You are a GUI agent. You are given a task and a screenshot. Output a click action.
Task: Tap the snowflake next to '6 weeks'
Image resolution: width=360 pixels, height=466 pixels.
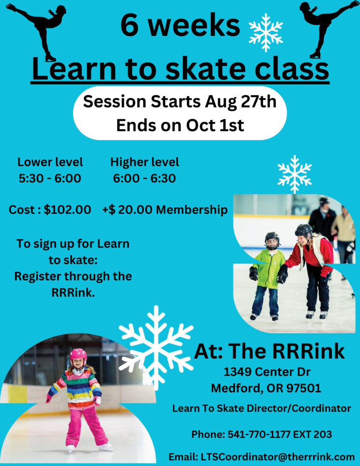coord(266,32)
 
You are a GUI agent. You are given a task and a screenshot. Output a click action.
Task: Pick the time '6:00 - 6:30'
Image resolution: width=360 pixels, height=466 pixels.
coord(144,178)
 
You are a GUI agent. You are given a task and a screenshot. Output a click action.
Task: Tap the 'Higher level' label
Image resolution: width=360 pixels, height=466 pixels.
coord(144,162)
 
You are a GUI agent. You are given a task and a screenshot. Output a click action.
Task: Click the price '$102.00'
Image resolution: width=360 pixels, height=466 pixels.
coord(67,210)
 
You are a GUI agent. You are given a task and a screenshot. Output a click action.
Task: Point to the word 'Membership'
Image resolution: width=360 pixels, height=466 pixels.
coord(192,210)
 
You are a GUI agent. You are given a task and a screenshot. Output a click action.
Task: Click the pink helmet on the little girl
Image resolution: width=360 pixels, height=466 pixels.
coord(78,354)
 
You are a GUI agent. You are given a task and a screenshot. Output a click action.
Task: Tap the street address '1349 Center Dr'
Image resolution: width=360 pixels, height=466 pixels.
coord(267,372)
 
